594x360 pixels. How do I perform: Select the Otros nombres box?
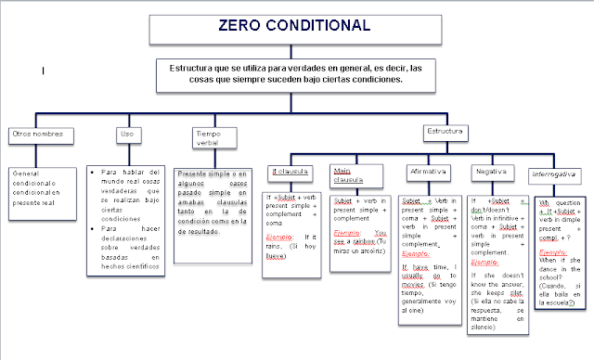[x=38, y=133]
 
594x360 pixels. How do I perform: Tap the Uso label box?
[x=126, y=133]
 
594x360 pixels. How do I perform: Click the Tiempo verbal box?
[x=211, y=137]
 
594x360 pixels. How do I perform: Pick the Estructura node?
[x=443, y=133]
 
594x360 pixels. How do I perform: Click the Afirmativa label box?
[x=428, y=172]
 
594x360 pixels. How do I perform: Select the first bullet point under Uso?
[x=95, y=173]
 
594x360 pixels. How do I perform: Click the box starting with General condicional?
[x=42, y=181]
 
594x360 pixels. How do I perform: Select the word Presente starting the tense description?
[x=192, y=174]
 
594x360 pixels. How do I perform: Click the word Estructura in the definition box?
[x=193, y=68]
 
